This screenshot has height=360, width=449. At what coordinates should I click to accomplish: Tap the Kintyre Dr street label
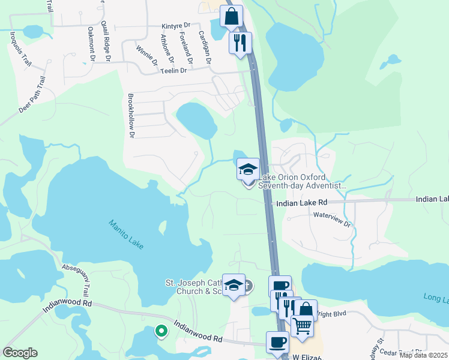[176, 26]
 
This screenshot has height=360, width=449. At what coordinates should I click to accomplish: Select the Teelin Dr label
[174, 70]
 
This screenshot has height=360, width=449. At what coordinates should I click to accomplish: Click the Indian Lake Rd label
[301, 203]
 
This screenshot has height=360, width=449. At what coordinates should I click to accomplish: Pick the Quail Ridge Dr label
[107, 41]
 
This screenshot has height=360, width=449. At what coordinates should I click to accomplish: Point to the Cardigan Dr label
[205, 47]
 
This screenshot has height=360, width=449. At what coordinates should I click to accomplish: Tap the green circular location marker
[161, 330]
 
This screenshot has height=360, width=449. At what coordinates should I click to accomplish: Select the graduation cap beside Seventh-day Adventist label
[248, 169]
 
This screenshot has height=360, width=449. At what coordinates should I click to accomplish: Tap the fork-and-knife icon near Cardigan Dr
[241, 42]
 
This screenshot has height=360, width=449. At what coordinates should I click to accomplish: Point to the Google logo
[20, 353]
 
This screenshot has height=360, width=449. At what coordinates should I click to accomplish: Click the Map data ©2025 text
[423, 355]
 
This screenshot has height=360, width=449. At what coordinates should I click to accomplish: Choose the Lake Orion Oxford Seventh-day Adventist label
[302, 182]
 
